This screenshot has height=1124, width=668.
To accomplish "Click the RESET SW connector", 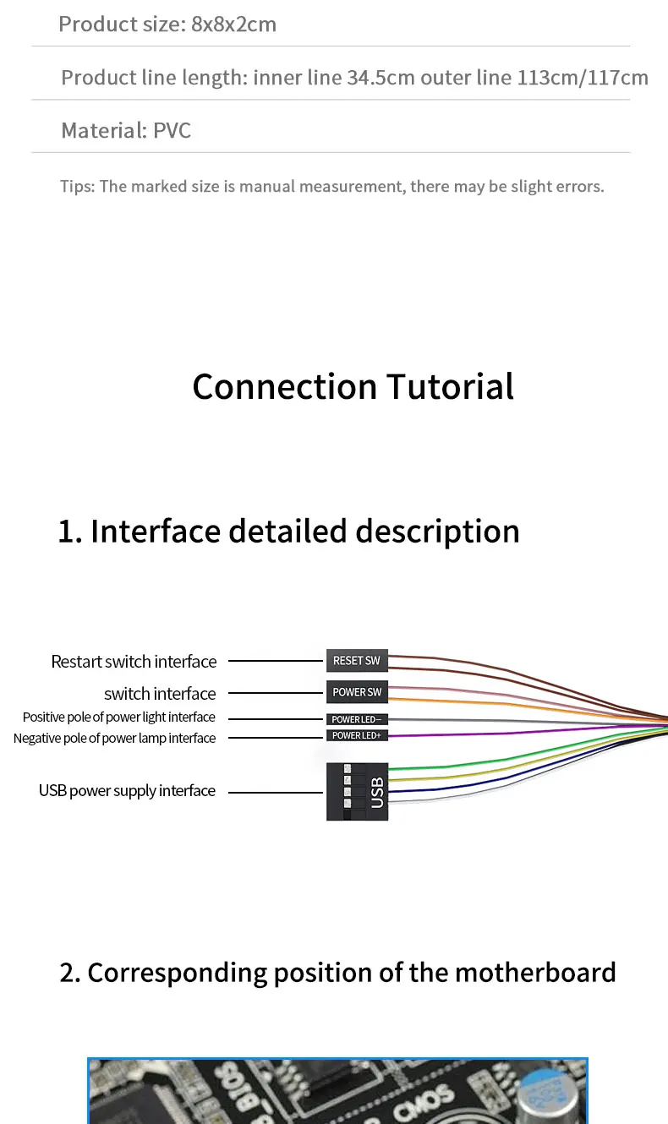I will pyautogui.click(x=356, y=660).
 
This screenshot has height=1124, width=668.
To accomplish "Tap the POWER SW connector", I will pyautogui.click(x=356, y=692).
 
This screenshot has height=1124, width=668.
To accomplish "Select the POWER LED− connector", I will pyautogui.click(x=356, y=719).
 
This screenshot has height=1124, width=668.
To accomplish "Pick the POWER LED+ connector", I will pyautogui.click(x=356, y=736).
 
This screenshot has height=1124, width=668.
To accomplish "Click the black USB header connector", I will pyautogui.click(x=357, y=791).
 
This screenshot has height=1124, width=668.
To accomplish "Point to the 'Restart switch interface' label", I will pyautogui.click(x=134, y=662).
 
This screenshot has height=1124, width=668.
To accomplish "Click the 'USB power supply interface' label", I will pyautogui.click(x=127, y=791).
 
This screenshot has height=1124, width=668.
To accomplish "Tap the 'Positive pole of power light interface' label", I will pyautogui.click(x=119, y=718).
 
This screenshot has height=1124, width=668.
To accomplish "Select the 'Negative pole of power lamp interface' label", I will pyautogui.click(x=114, y=739).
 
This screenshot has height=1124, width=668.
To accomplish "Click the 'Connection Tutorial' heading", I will pyautogui.click(x=353, y=387).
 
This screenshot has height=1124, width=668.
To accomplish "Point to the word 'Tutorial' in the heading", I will pyautogui.click(x=450, y=387).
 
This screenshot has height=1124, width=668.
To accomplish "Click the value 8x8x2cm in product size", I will pyautogui.click(x=234, y=25).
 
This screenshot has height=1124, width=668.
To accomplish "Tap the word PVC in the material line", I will pyautogui.click(x=172, y=131).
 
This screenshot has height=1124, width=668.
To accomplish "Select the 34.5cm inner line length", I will pyautogui.click(x=381, y=78).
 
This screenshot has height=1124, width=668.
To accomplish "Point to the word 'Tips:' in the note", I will pyautogui.click(x=77, y=186).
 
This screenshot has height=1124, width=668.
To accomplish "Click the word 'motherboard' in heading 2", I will pyautogui.click(x=535, y=973).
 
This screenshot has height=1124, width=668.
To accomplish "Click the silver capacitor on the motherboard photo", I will pyautogui.click(x=547, y=1098).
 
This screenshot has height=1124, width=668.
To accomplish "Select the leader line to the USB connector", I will pyautogui.click(x=277, y=792).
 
